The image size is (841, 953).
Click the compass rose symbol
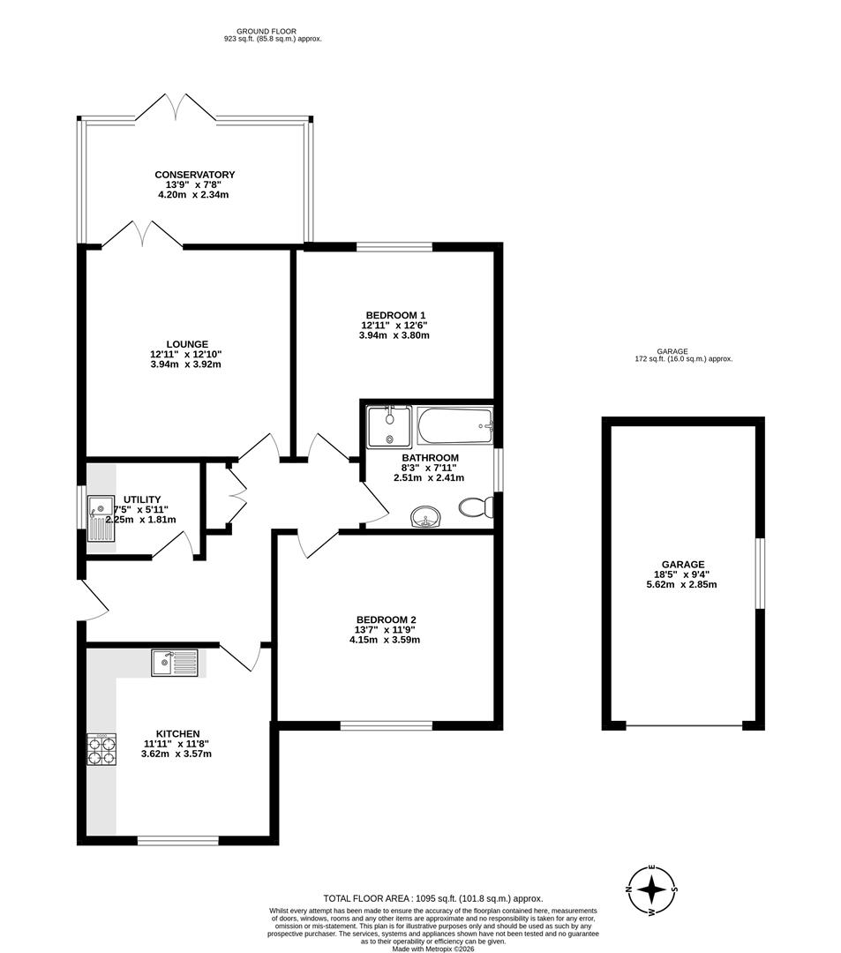651,888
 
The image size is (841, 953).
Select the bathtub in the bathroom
454,427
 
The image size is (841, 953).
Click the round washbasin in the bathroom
427,517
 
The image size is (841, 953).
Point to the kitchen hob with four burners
101,749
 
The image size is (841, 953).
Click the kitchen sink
174,663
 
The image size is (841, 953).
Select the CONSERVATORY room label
194,175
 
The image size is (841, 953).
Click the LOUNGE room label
186,344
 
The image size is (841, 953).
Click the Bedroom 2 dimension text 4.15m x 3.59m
386,640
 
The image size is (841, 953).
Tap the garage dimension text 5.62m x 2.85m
683,584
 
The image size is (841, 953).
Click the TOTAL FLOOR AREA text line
432,897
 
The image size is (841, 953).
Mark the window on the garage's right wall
759,573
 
